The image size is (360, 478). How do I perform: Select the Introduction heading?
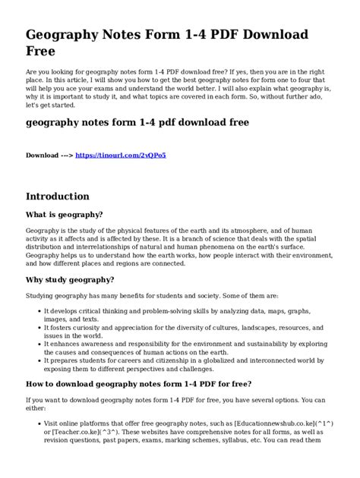pyautogui.click(x=69, y=195)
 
